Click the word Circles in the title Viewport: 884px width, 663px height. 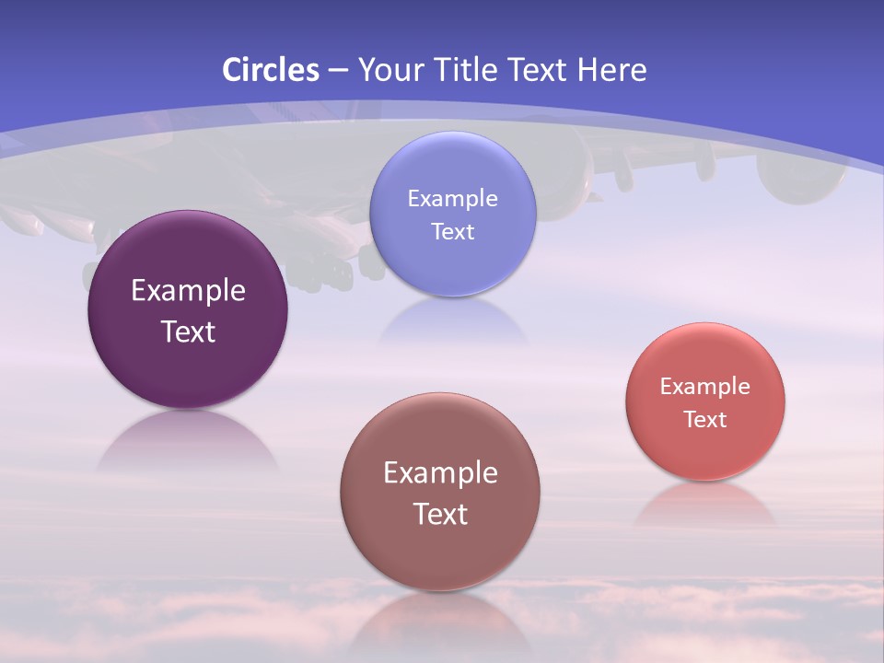point(270,70)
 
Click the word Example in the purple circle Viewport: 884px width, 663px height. point(188,291)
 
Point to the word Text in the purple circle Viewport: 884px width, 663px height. point(188,331)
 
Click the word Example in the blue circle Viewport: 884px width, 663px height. point(452,198)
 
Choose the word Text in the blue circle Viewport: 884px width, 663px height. point(452,231)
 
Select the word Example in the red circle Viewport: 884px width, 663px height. point(705,387)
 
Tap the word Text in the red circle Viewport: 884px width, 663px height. point(705,420)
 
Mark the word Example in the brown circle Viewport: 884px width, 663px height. point(440,473)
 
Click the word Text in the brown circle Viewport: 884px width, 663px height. point(440,514)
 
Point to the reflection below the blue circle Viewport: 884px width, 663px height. point(452,322)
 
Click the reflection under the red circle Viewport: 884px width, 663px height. point(705,505)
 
